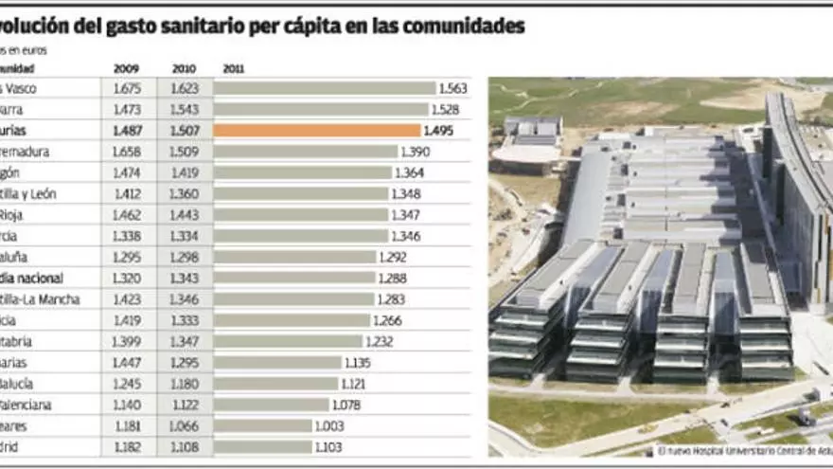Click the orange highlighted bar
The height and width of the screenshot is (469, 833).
coord(317,131)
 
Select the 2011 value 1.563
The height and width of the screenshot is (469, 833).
coord(453,88)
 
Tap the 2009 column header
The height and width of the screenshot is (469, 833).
coord(126,69)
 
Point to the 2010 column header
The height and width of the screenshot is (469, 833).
coord(184,69)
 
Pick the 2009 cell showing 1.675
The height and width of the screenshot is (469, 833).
coord(126,88)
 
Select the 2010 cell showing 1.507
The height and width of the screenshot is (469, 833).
coord(184,131)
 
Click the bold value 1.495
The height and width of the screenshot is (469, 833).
coord(440,131)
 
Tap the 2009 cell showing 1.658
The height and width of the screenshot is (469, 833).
coord(126,152)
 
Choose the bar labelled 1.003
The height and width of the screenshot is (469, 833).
coord(264,426)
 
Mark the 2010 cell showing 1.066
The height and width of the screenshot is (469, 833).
coord(184,426)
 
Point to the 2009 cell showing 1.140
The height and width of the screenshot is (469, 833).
coord(126,406)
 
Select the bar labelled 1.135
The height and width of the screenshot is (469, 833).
coord(277,363)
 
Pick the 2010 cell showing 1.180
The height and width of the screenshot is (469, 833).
coord(184,384)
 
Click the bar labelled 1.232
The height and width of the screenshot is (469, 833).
coord(288,341)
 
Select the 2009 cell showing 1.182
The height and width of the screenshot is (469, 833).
coord(126,447)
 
